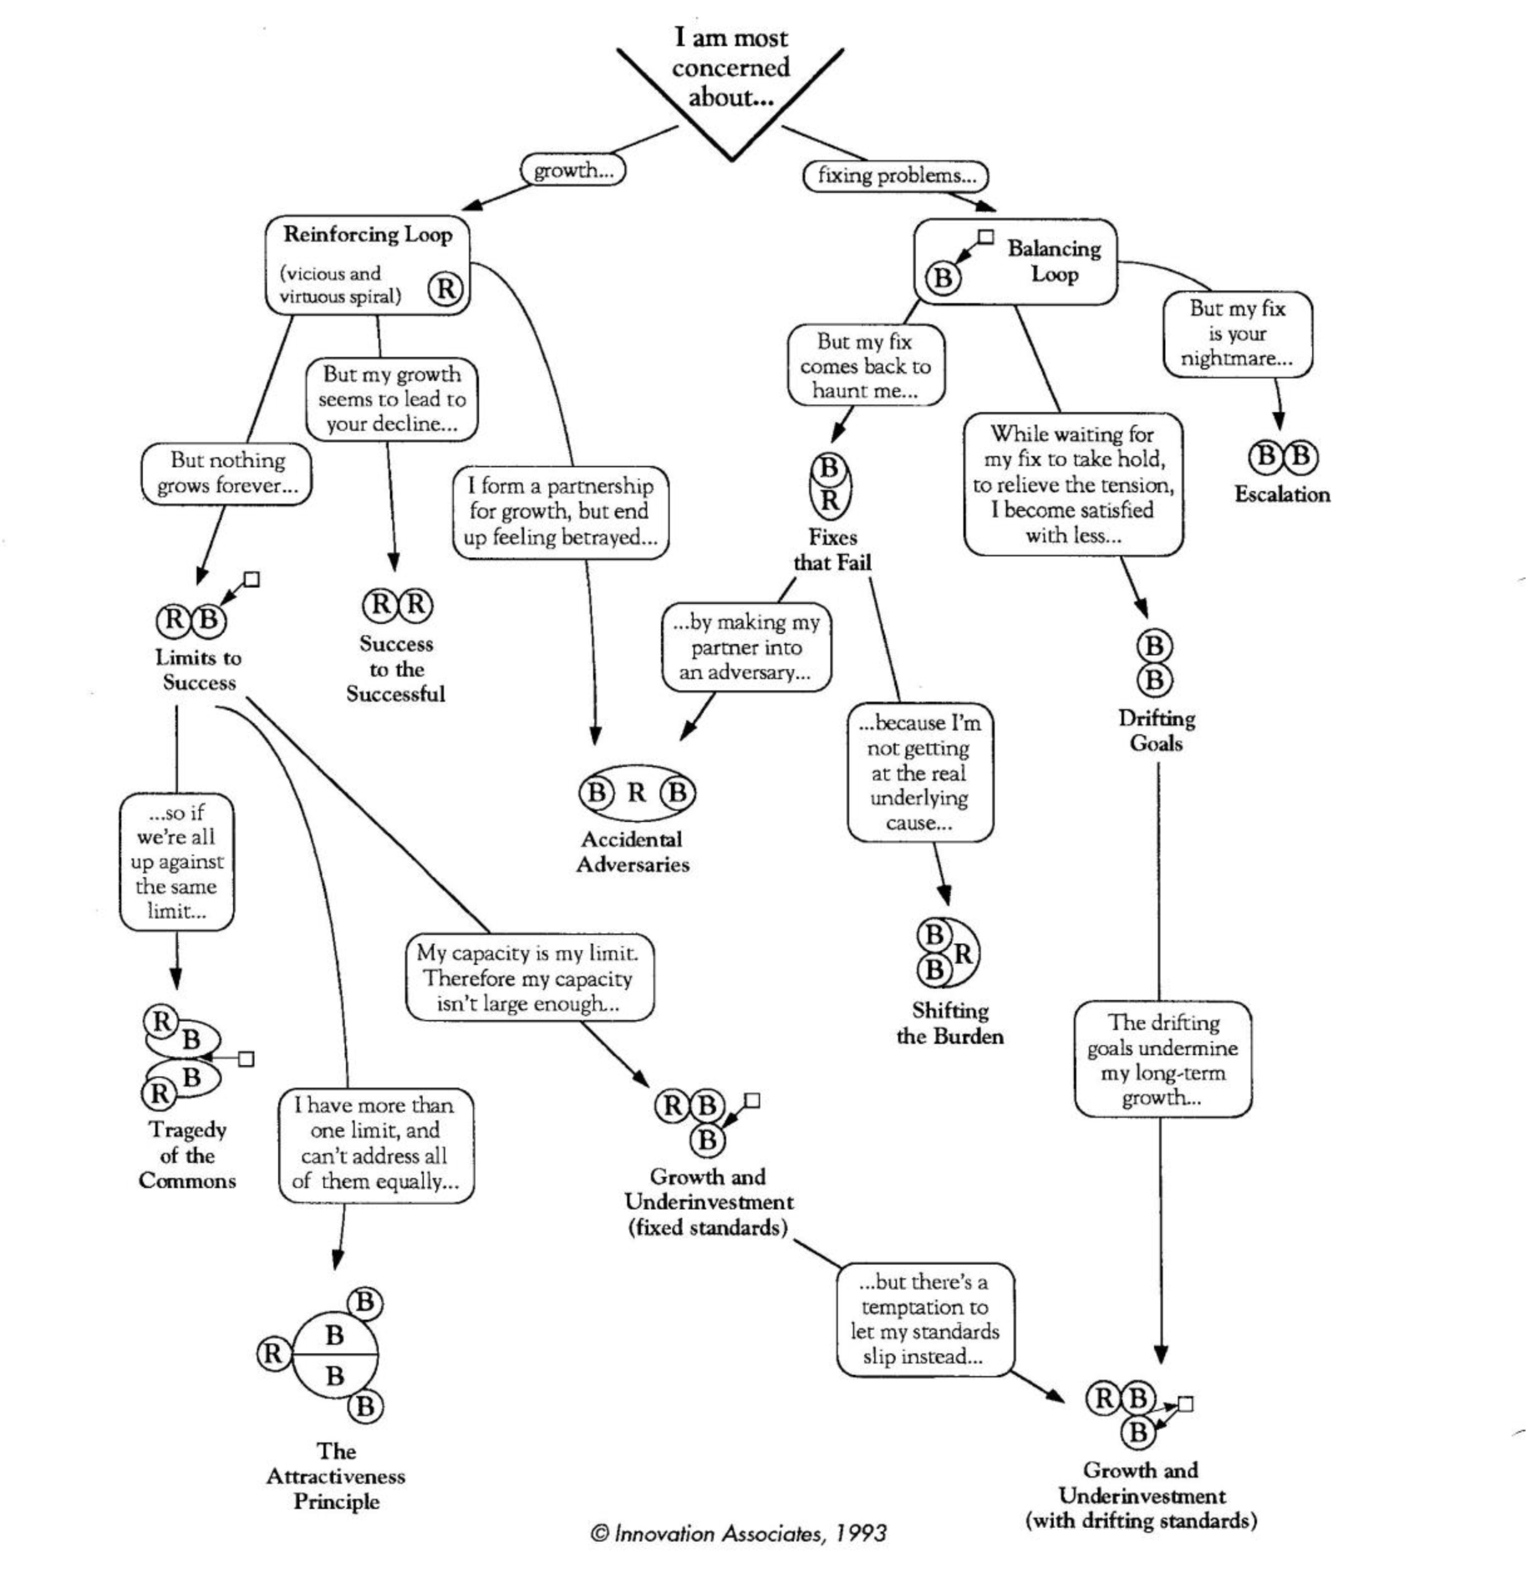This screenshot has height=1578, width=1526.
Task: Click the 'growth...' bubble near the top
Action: click(572, 170)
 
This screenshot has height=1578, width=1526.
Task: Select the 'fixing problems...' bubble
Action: click(895, 175)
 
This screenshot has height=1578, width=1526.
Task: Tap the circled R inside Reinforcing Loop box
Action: click(445, 289)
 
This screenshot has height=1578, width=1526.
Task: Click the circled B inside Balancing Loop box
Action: click(944, 277)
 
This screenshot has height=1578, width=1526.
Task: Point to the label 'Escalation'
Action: click(1282, 495)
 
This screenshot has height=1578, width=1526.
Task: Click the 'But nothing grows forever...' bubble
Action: click(226, 473)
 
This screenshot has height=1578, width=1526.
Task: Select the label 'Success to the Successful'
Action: click(396, 668)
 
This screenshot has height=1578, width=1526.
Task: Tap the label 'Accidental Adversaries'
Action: click(633, 852)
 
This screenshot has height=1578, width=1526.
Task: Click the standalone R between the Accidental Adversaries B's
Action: click(637, 792)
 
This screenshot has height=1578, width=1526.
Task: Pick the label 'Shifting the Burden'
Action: click(950, 1023)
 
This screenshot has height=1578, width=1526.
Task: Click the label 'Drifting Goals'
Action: click(1157, 731)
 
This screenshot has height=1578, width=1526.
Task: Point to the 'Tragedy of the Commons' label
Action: click(187, 1155)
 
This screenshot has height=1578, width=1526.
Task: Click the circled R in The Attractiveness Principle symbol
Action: click(273, 1353)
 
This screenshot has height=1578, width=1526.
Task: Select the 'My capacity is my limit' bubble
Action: click(529, 977)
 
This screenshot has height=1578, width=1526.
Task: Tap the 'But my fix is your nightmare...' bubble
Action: click(1237, 333)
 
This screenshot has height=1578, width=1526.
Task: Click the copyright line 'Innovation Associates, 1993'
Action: click(739, 1534)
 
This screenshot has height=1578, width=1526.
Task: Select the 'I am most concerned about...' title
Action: click(730, 68)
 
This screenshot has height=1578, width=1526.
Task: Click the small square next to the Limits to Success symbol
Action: click(252, 579)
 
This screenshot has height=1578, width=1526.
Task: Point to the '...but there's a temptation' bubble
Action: click(924, 1319)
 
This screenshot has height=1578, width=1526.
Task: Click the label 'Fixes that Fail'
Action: click(832, 550)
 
